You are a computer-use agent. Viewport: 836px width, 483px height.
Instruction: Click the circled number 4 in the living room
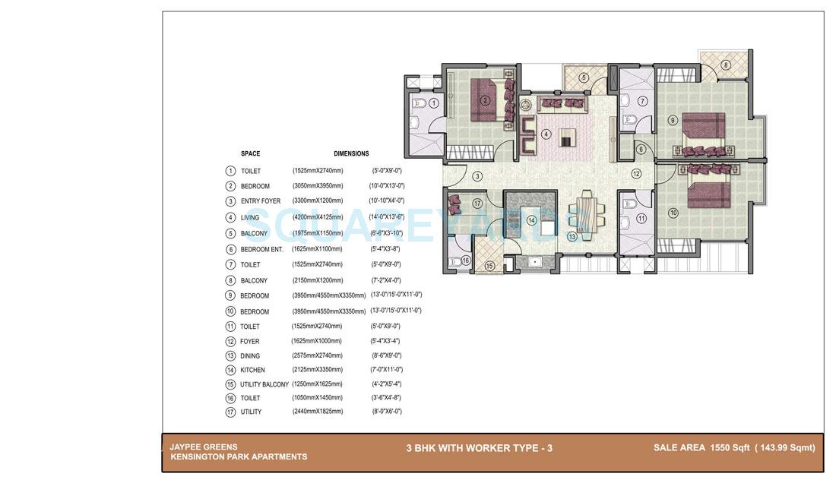pyautogui.click(x=546, y=134)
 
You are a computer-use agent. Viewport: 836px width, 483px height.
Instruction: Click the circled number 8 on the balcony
pyautogui.click(x=726, y=65)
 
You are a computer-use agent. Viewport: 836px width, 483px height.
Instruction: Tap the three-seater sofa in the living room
pyautogui.click(x=562, y=103)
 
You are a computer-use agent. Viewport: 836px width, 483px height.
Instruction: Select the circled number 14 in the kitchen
pyautogui.click(x=531, y=221)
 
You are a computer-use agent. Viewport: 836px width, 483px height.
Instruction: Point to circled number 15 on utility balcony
pyautogui.click(x=489, y=266)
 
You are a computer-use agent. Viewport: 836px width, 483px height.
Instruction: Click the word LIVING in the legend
pyautogui.click(x=250, y=218)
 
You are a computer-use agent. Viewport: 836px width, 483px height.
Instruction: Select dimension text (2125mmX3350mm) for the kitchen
pyautogui.click(x=316, y=370)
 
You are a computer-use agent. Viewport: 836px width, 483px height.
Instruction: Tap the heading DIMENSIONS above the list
pyautogui.click(x=351, y=153)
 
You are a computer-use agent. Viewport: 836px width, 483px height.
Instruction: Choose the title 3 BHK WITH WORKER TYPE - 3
pyautogui.click(x=479, y=448)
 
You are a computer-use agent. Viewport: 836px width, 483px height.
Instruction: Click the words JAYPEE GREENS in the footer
pyautogui.click(x=204, y=447)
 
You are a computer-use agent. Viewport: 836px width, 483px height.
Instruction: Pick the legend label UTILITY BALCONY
pyautogui.click(x=264, y=384)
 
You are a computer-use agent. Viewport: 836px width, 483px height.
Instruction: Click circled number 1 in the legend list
pyautogui.click(x=230, y=172)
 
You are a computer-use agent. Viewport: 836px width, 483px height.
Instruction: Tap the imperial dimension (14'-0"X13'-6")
pyautogui.click(x=388, y=217)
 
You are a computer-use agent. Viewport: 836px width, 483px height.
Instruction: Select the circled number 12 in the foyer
pyautogui.click(x=636, y=174)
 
